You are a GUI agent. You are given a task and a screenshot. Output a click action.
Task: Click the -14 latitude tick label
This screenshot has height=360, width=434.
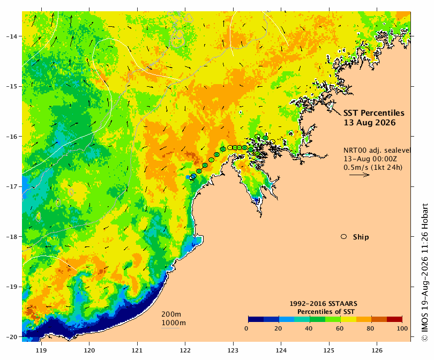[11, 36]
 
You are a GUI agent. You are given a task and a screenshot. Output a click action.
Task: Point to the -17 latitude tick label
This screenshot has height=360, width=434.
[11, 186]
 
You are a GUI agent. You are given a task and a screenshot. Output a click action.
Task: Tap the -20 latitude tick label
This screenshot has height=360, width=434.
[11, 337]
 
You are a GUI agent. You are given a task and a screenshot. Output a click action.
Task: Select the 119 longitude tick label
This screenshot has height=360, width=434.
[41, 350]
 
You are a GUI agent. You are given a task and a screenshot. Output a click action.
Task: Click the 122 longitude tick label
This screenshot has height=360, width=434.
[185, 350]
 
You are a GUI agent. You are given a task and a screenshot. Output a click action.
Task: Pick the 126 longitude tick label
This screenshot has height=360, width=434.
[377, 350]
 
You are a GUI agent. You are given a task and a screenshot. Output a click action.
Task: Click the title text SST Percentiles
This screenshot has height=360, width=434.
[374, 113]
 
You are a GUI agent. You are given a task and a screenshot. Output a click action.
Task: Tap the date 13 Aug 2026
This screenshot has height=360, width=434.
[370, 122]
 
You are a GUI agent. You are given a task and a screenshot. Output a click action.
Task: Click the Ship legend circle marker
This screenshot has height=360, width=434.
[344, 237]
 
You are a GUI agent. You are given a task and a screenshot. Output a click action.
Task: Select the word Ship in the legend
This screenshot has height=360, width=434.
[361, 237]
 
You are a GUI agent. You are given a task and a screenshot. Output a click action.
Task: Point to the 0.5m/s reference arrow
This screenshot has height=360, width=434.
[360, 175]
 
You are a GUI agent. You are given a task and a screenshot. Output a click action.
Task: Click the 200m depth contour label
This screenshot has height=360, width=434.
[171, 314]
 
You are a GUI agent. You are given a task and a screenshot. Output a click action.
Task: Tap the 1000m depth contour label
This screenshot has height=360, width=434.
[174, 323]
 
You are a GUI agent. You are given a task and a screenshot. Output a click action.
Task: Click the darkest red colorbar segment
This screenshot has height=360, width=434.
[394, 319]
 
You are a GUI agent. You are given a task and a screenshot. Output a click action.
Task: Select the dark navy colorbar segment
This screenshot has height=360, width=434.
[256, 319]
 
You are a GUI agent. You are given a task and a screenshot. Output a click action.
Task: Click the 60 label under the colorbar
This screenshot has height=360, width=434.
[340, 328]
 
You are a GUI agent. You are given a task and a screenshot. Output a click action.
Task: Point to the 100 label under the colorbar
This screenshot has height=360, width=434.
[402, 328]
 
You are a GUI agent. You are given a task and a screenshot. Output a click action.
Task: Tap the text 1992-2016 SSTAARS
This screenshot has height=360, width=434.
[323, 304]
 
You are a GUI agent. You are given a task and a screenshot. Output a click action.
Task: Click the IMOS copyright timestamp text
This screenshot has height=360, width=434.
[424, 273]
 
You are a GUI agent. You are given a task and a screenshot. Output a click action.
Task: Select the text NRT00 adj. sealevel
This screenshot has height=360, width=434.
[377, 150]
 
